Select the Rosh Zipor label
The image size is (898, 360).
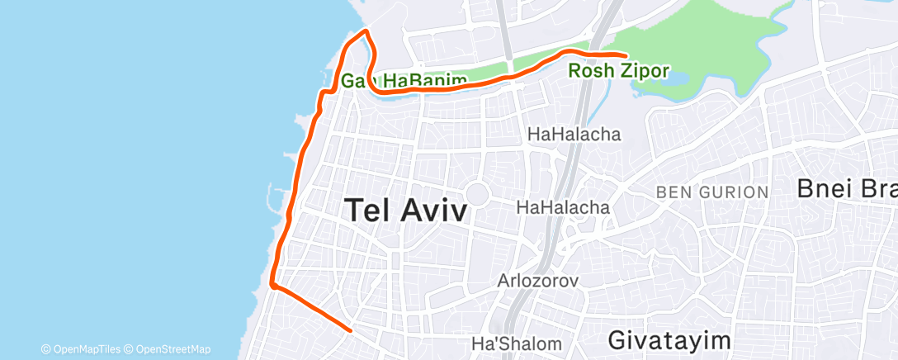click(x=618, y=71)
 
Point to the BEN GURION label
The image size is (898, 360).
click(x=711, y=192)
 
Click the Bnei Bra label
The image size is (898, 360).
click(x=846, y=188)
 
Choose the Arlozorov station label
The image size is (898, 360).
click(x=537, y=281)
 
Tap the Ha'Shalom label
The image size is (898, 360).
click(x=516, y=343)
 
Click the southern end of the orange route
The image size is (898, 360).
click(x=351, y=329)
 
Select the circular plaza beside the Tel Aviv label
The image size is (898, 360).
click(x=476, y=195)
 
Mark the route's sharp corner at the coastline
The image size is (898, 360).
click(x=272, y=286)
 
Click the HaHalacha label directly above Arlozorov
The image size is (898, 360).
click(x=563, y=208)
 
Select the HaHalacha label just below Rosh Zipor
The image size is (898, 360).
click(x=574, y=134)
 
